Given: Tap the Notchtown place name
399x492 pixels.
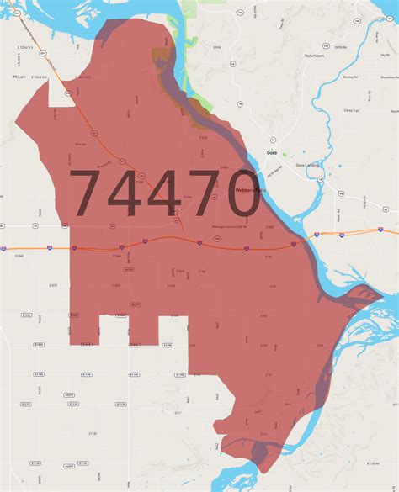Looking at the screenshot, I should click(314, 56).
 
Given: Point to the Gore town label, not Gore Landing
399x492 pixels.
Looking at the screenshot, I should click(271, 153).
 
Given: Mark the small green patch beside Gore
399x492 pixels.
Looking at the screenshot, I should click(284, 155).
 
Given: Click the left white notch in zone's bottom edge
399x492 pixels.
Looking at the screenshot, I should click(114, 331).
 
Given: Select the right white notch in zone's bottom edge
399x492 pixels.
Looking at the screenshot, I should click(173, 331).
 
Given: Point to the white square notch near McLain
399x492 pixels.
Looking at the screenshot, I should click(59, 94).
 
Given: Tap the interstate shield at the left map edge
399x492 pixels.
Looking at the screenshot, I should click(3, 249).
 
